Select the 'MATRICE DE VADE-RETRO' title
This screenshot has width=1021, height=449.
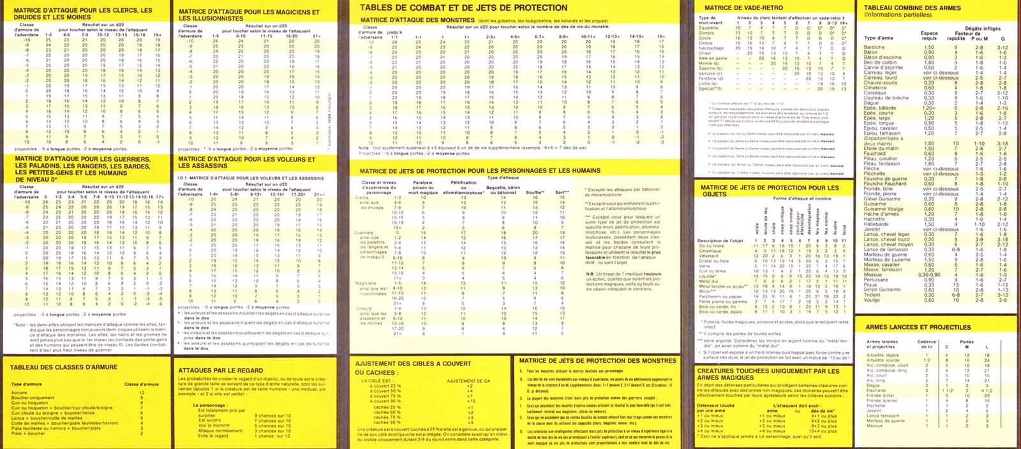tap(736, 8)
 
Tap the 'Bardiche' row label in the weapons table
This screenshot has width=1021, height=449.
tap(874, 47)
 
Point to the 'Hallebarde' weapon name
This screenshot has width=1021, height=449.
tap(876, 224)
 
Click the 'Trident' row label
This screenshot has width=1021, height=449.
tap(872, 295)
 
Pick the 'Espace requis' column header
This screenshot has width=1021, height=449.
tap(929, 36)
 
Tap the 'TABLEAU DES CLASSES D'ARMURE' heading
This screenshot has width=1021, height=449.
tap(64, 367)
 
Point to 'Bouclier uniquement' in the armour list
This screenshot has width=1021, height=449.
tap(33, 398)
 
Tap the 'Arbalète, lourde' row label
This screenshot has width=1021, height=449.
tap(883, 360)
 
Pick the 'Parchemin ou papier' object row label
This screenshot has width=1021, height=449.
tap(721, 297)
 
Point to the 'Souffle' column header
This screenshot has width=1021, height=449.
tap(535, 192)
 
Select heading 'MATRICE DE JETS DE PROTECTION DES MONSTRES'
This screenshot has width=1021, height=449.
tap(597, 361)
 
